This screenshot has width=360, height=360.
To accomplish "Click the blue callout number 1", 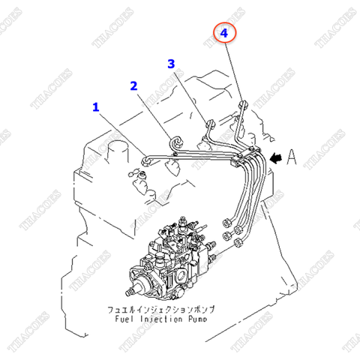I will pyautogui.click(x=95, y=107).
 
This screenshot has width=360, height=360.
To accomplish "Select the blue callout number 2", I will pyautogui.click(x=133, y=85).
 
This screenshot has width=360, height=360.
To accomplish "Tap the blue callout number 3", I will pyautogui.click(x=171, y=64).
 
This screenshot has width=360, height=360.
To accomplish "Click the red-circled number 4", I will pyautogui.click(x=223, y=32).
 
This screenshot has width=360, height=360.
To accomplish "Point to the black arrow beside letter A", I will pyautogui.click(x=277, y=157).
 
